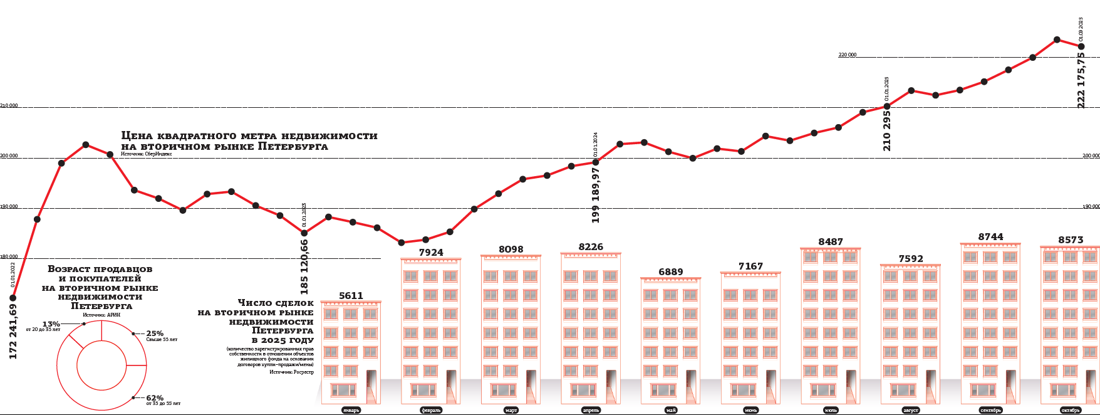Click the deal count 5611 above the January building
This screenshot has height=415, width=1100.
tap(351, 296)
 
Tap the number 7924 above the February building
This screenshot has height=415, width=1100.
tap(431, 253)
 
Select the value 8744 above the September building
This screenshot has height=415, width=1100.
tap(990, 237)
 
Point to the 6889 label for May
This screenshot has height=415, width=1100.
tap(670, 272)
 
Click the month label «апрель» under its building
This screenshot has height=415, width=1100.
tap(591, 410)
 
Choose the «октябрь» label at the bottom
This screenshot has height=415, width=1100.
tap(1071, 410)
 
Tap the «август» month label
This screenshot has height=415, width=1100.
tap(910, 410)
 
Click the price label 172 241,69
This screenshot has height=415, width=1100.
tap(13, 332)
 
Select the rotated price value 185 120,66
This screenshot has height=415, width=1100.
tap(304, 267)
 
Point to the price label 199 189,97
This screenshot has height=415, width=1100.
tap(596, 195)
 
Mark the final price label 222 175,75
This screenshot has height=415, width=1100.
tap(1081, 80)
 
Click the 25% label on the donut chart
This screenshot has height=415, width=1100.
tap(155, 334)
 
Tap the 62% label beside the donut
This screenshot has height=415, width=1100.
tap(155, 398)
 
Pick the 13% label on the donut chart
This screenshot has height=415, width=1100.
tap(51, 324)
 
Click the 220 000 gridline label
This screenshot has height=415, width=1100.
tap(847, 55)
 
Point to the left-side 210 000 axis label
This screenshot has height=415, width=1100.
tap(9, 106)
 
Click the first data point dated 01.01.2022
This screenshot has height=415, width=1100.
tap(13, 298)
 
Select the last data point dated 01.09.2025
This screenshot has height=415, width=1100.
tap(1081, 46)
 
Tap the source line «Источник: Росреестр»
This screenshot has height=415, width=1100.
tap(291, 372)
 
